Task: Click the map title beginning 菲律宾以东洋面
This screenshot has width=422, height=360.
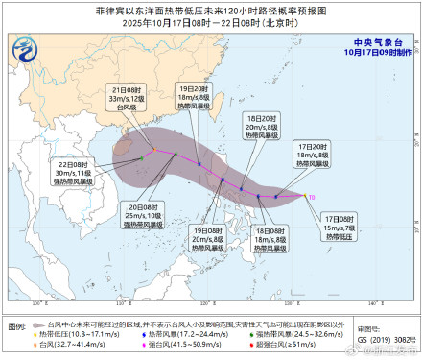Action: coord(210,9)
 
